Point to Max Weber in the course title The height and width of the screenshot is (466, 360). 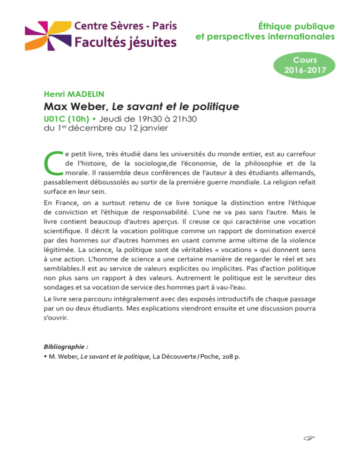pyautogui.click(x=72, y=107)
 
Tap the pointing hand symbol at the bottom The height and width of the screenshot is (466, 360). pyautogui.click(x=308, y=439)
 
